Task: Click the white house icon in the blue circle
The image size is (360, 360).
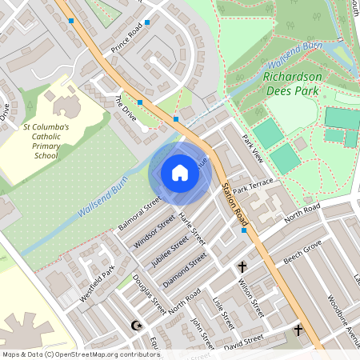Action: pos(180,172)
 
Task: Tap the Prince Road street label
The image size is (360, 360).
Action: pos(126,38)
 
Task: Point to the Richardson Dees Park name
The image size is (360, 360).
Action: pos(293,83)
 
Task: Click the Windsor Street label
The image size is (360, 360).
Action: pos(154,230)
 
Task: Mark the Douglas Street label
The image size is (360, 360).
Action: pos(150,294)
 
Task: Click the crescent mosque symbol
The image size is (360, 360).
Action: pos(135,326)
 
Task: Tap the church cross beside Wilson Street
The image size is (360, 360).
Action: pos(242,266)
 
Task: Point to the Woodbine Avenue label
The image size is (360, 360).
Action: pos(343,320)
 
